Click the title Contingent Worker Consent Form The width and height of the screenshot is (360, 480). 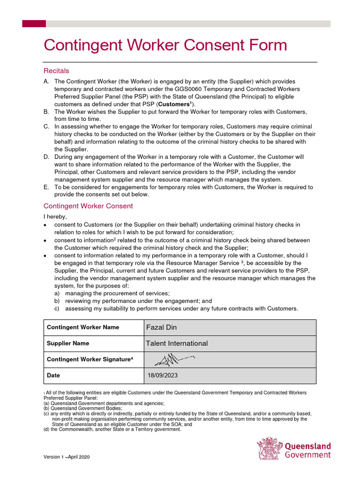point(165,45)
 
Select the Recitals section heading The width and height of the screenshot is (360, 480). point(56,71)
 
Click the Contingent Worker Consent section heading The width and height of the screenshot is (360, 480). point(88,206)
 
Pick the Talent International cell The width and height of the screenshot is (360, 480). point(177,343)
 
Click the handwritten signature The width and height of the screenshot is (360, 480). point(173,359)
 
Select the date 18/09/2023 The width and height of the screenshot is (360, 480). point(162,375)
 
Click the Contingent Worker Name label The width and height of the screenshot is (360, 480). point(83,327)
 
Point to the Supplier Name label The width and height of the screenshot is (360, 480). point(68,343)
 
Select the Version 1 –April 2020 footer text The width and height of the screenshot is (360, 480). point(67,457)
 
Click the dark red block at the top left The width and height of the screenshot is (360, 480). point(34,23)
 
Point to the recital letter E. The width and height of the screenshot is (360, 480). point(46,187)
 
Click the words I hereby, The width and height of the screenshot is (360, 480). point(55,217)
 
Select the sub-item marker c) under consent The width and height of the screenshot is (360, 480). point(57,309)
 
